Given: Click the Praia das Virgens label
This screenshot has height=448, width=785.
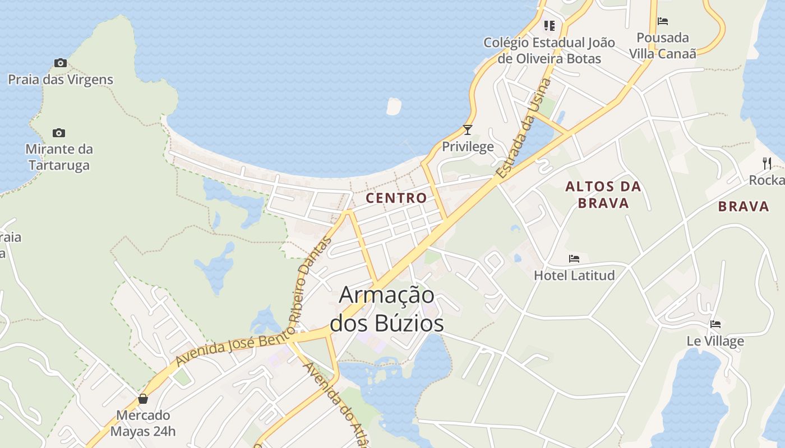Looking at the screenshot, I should click(x=61, y=80).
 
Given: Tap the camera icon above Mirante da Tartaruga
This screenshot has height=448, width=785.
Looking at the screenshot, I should click(x=59, y=133).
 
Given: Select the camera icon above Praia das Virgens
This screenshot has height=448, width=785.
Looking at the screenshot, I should click(x=60, y=63).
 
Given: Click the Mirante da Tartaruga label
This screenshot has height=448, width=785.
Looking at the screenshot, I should click(x=59, y=157).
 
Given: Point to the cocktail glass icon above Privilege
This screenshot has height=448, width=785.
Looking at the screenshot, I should click(x=468, y=130).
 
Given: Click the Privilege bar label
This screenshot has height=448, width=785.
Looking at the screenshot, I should click(x=468, y=147).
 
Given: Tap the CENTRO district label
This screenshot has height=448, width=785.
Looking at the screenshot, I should click(x=396, y=198).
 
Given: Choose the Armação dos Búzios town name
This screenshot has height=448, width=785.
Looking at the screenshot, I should click(x=387, y=309).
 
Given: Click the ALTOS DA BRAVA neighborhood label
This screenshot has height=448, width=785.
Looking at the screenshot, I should click(x=603, y=194).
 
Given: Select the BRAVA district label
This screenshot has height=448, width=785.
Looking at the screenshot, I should click(x=744, y=207).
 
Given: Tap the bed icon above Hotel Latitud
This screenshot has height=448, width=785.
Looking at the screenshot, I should click(x=574, y=259).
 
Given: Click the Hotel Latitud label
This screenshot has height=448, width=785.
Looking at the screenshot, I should click(x=574, y=275).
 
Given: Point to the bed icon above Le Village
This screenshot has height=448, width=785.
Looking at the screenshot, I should click(x=715, y=324).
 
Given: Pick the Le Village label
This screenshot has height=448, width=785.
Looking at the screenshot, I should click(x=715, y=341).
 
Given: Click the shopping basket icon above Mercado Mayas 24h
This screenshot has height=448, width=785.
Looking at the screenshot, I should click(x=143, y=399).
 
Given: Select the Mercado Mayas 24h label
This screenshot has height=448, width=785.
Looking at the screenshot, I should click(x=142, y=423).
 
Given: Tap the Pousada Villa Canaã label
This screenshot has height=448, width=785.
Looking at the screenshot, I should click(x=663, y=45).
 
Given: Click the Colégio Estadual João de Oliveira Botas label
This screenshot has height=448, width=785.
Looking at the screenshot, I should click(x=549, y=50).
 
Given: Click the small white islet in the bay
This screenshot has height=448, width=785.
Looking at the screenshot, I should click(x=394, y=106).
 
